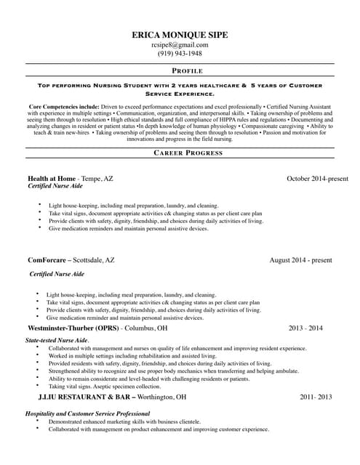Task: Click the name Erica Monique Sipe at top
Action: (180, 34)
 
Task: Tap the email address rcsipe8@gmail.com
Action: (180, 44)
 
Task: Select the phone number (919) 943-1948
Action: (180, 54)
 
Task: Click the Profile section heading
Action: (187, 70)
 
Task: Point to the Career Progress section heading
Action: (188, 153)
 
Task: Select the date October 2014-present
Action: (317, 178)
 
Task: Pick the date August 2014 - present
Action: (300, 259)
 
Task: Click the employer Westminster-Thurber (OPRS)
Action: (72, 328)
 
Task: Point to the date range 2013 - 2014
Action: (305, 328)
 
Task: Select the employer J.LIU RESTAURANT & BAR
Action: (84, 397)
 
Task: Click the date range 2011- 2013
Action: (316, 397)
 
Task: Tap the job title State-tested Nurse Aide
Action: (57, 340)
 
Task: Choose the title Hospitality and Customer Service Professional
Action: (87, 413)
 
